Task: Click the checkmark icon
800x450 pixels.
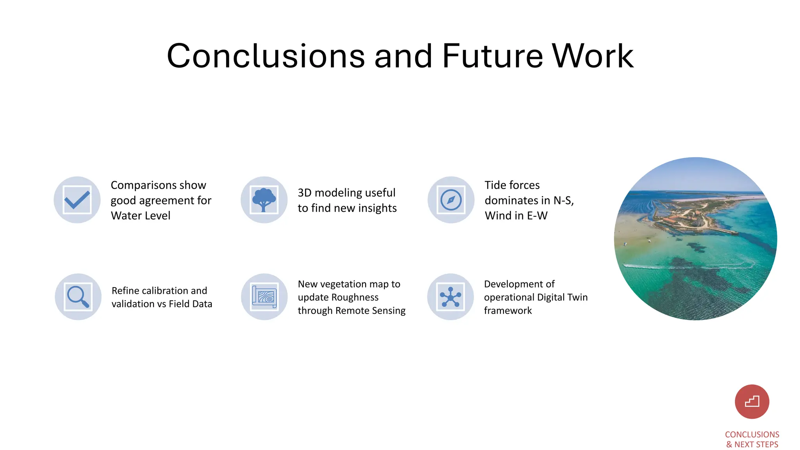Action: (77, 200)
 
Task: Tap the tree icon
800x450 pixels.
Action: (264, 200)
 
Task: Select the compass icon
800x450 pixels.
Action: (451, 200)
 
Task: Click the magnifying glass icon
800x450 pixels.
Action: (78, 297)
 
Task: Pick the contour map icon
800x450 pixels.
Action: (264, 297)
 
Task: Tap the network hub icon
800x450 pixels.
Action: (450, 297)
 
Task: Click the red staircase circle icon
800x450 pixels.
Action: (752, 402)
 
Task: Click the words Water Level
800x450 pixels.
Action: (141, 216)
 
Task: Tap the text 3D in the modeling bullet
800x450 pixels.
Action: (304, 193)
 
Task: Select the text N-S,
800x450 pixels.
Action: (564, 200)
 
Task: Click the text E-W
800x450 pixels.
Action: (537, 216)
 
